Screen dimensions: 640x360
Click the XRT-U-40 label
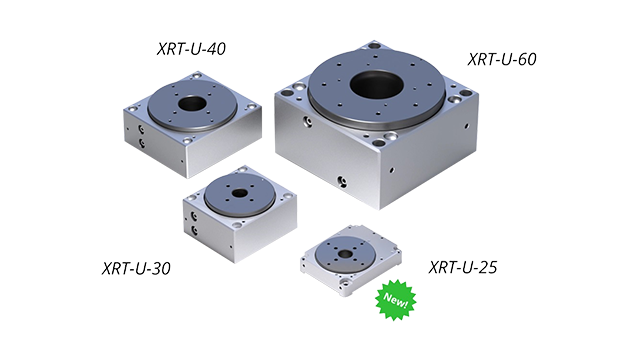pos(191,49)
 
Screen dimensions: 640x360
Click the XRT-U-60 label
pos(502,60)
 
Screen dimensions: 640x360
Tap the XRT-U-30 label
pos(136,269)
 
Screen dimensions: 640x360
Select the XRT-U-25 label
pos(463,267)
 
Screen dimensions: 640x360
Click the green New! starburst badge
pos(396,300)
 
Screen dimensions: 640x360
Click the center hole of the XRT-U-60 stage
pos(377,84)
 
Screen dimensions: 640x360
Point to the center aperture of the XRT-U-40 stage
pos(191,103)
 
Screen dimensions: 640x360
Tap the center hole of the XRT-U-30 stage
pos(239,193)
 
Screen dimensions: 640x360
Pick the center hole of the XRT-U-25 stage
pos(345,254)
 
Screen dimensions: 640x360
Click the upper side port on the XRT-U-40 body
pos(141,129)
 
